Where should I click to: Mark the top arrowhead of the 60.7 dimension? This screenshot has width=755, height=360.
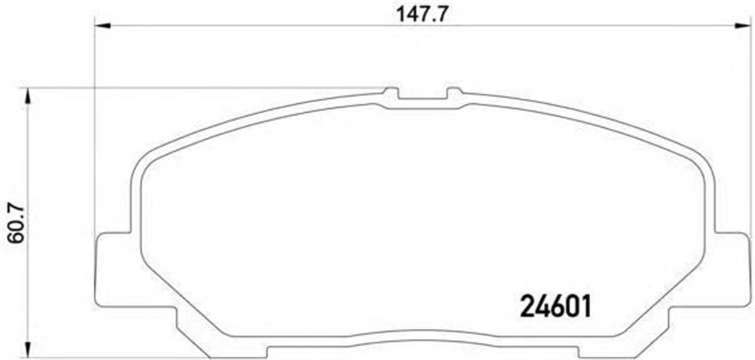pyautogui.click(x=26, y=96)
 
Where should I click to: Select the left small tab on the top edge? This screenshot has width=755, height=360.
pyautogui.click(x=391, y=94)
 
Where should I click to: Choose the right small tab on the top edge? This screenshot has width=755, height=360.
pyautogui.click(x=454, y=94)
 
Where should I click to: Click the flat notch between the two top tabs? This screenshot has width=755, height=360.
pyautogui.click(x=422, y=101)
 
